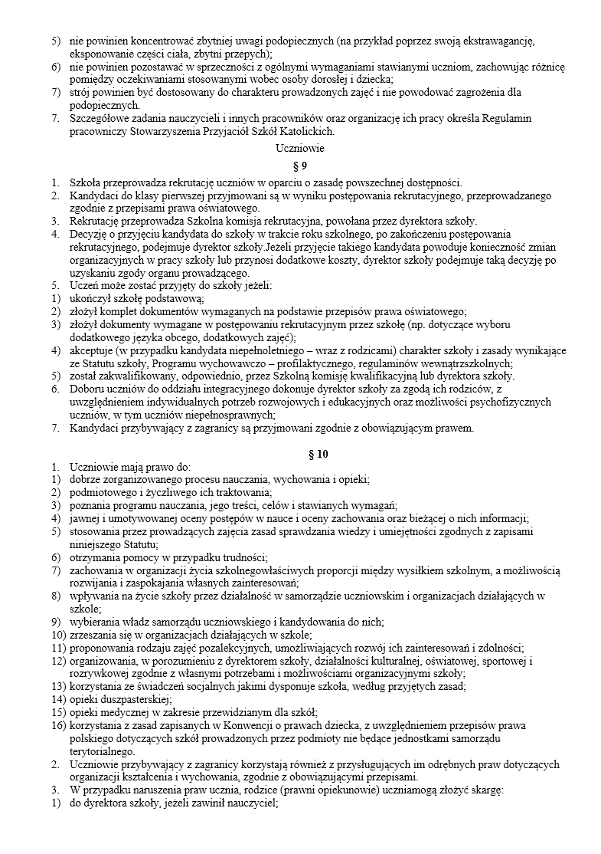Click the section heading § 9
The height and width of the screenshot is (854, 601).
(x=300, y=165)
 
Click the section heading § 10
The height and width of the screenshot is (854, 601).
(x=300, y=454)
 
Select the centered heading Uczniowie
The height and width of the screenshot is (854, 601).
(x=300, y=148)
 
